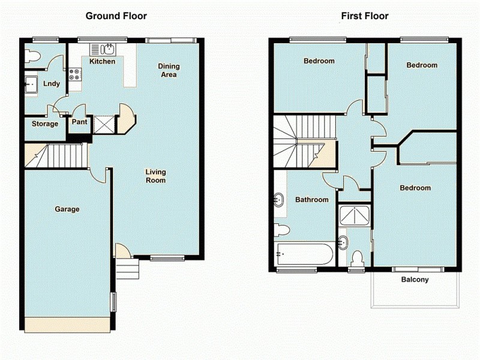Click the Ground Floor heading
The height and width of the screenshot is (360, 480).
[x=116, y=16]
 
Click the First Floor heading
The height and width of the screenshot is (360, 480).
[x=365, y=16]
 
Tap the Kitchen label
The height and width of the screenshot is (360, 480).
[x=102, y=61]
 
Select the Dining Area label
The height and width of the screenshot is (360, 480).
[x=168, y=70]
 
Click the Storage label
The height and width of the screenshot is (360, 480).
[x=45, y=124]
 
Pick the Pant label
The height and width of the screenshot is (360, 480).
[x=79, y=122]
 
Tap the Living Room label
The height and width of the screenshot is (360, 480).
[x=155, y=176]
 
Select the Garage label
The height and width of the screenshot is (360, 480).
[x=67, y=209]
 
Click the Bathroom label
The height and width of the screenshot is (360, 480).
[x=311, y=200]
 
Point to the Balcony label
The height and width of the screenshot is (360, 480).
[x=415, y=280]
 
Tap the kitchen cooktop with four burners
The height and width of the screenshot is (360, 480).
[x=75, y=75]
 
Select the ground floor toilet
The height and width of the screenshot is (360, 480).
[x=32, y=56]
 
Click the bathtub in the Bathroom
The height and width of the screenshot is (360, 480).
[x=305, y=254]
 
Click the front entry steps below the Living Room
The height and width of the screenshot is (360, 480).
[x=127, y=269]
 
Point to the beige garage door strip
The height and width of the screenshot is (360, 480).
[x=67, y=325]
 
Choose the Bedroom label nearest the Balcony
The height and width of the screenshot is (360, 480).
[x=415, y=188]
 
